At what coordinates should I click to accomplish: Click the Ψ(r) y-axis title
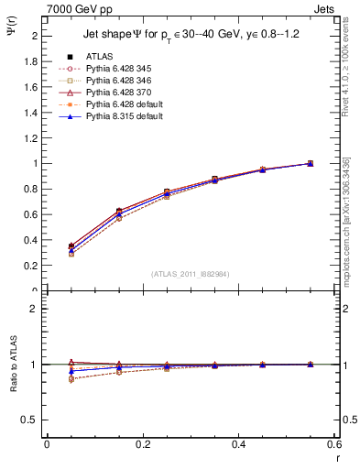click(11, 31)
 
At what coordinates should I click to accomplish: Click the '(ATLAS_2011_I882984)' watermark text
click(190, 274)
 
